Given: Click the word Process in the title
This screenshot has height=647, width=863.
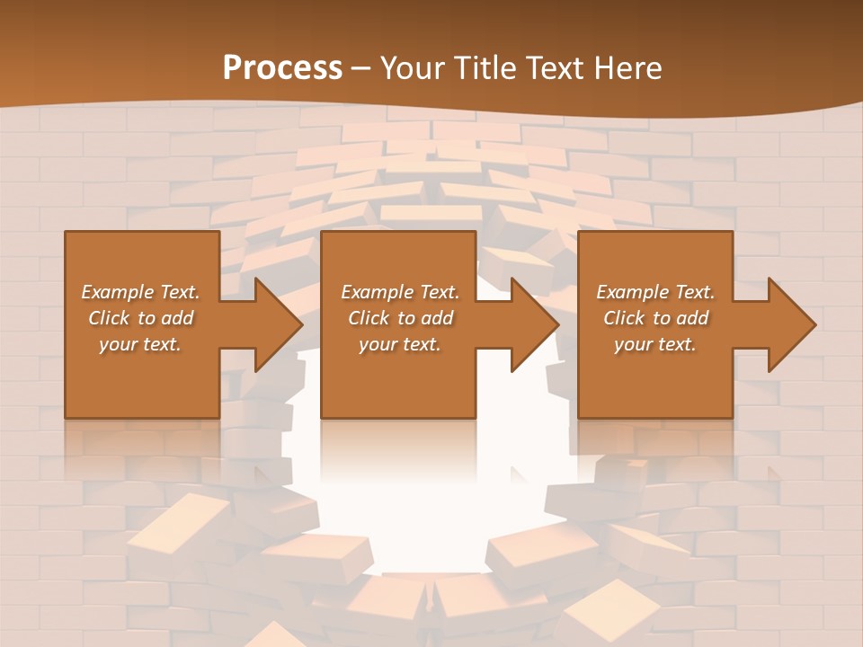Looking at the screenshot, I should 282,68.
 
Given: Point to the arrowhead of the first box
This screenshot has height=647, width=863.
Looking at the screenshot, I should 275,324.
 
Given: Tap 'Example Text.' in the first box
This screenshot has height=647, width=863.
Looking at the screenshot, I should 140,292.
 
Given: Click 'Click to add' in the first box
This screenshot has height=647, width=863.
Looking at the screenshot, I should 140,318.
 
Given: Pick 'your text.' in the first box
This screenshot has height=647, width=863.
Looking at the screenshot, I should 140,344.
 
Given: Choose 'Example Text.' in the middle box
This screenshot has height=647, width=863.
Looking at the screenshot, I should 400,292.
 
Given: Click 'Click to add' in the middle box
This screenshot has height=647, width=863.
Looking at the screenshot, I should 400,318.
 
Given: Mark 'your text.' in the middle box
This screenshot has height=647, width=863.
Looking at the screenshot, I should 400,344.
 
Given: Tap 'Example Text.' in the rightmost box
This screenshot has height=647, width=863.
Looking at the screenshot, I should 655,292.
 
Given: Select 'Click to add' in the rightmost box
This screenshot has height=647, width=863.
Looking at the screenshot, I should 655,318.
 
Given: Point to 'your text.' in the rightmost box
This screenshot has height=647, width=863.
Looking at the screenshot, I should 655,344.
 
